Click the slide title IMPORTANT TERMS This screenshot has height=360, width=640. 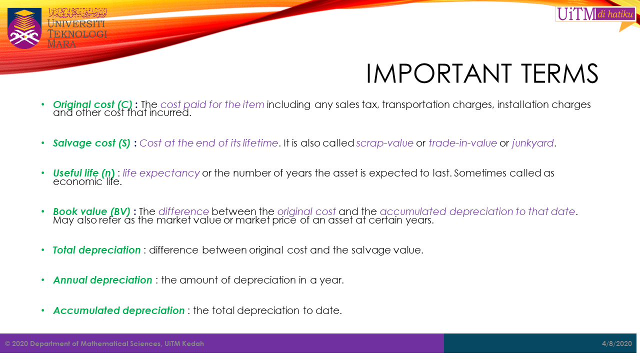(482, 74)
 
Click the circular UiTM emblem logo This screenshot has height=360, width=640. (24, 28)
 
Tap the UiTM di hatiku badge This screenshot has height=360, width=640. (595, 14)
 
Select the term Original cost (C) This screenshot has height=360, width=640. (92, 104)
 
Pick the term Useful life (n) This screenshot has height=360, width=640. (83, 173)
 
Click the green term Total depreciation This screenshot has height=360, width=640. (96, 250)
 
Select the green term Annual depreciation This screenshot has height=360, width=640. (102, 280)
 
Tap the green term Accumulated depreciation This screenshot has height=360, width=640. (119, 310)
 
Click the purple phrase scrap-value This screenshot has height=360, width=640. (384, 143)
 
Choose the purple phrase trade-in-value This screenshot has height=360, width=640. (462, 143)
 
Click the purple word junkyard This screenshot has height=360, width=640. (532, 143)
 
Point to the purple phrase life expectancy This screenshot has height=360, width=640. (161, 173)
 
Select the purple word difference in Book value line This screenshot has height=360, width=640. (183, 211)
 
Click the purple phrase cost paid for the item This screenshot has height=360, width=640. (212, 104)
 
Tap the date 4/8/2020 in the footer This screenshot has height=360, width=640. (617, 343)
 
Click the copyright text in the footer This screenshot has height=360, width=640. (104, 343)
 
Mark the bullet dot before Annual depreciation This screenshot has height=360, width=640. (43, 280)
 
